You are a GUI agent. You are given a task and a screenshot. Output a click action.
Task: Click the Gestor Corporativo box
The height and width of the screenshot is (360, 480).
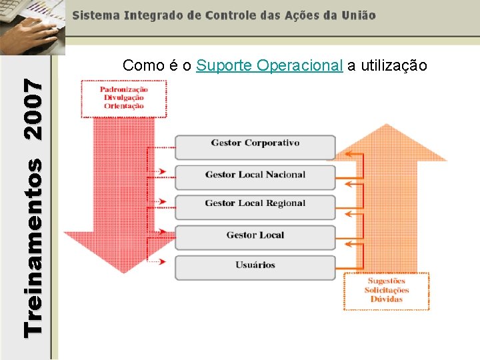click(255, 143)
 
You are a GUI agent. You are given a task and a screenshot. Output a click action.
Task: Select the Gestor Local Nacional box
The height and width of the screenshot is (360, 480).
click(255, 175)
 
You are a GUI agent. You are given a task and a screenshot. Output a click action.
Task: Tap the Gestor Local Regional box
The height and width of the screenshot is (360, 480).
click(255, 204)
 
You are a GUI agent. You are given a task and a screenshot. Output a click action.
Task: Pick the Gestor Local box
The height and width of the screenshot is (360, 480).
click(255, 235)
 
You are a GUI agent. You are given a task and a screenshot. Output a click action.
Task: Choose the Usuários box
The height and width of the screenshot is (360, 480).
click(255, 265)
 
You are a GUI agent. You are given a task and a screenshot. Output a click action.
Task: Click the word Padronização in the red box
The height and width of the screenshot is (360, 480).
click(124, 90)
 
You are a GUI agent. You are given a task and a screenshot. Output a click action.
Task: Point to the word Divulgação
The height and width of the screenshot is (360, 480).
click(124, 98)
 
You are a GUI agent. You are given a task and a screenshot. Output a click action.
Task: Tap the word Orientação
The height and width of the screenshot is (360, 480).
click(124, 106)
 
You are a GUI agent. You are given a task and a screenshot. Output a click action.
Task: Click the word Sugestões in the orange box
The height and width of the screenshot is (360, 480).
click(387, 281)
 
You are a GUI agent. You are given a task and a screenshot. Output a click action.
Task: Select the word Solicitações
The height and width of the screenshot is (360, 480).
click(387, 290)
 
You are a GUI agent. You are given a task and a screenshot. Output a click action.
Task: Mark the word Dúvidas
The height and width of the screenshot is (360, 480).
click(387, 299)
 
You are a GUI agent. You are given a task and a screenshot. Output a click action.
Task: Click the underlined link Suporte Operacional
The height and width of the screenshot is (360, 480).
click(270, 65)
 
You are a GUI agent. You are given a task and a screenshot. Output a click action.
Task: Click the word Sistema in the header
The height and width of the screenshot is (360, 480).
click(95, 15)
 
